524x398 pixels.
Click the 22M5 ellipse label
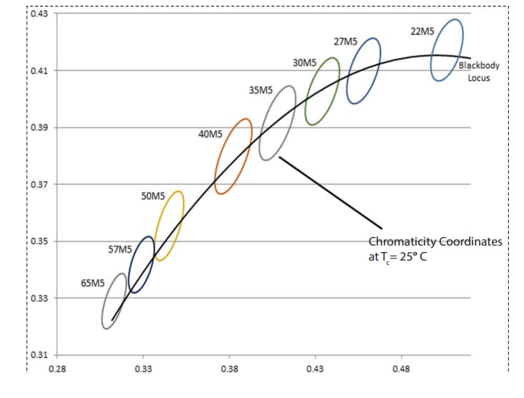pos(422,31)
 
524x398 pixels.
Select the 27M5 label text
pos(346,42)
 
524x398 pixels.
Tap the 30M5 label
pos(305,64)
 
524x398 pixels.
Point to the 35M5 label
pos(261,90)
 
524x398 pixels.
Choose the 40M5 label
pos(210,134)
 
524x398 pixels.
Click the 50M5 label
pos(153,195)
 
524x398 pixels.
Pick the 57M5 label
pos(120,250)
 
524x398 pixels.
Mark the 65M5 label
pos(92,283)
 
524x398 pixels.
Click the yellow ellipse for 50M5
pos(170,225)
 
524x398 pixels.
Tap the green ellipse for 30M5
pos(323,91)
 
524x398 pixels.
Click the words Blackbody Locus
pos(479,72)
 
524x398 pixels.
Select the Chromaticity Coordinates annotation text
pos(435,249)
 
